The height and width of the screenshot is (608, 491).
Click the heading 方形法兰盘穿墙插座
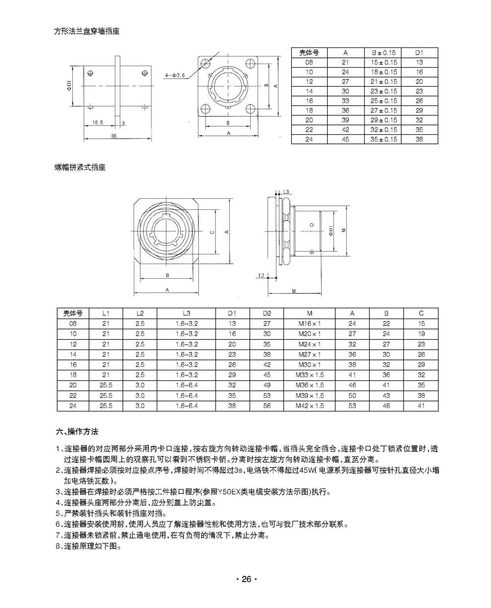pyautogui.click(x=86, y=31)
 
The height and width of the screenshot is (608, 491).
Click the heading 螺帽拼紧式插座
pyautogui.click(x=80, y=168)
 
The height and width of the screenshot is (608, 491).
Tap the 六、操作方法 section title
pyautogui.click(x=77, y=431)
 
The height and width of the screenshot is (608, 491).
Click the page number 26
pyautogui.click(x=246, y=579)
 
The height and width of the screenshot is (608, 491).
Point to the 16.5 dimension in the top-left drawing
pyautogui.click(x=98, y=122)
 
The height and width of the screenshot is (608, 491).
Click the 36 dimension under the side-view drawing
pyautogui.click(x=114, y=136)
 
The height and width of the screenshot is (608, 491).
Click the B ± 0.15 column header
pyautogui.click(x=382, y=53)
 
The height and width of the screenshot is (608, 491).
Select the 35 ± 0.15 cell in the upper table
pyautogui.click(x=383, y=139)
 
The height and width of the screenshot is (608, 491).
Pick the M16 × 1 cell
pyautogui.click(x=309, y=324)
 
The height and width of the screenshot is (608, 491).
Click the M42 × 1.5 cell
pyautogui.click(x=309, y=406)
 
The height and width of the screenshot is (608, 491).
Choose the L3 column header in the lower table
pyautogui.click(x=186, y=313)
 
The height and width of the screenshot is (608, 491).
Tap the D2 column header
pyautogui.click(x=267, y=313)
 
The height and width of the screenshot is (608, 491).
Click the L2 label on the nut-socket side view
pyautogui.click(x=261, y=275)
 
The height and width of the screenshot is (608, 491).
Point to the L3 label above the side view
pyautogui.click(x=286, y=192)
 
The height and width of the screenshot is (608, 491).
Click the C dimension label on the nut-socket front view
pyautogui.click(x=212, y=232)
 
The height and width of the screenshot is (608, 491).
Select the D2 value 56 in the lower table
pyautogui.click(x=267, y=406)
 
